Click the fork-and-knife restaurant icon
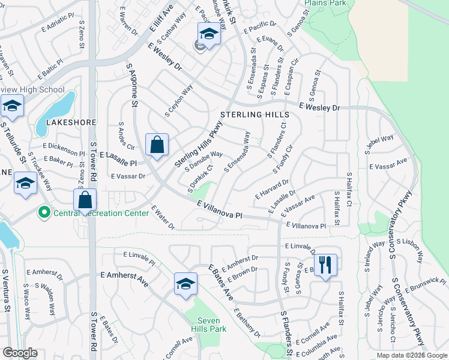point(325,264)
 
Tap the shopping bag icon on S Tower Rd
point(85,199)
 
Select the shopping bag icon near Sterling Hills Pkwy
point(157,145)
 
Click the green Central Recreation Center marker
point(44,212)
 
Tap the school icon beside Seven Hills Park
point(186,283)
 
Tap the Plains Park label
point(325,3)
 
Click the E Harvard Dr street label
point(272,188)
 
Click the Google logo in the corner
point(20,353)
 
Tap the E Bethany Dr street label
point(247,323)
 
